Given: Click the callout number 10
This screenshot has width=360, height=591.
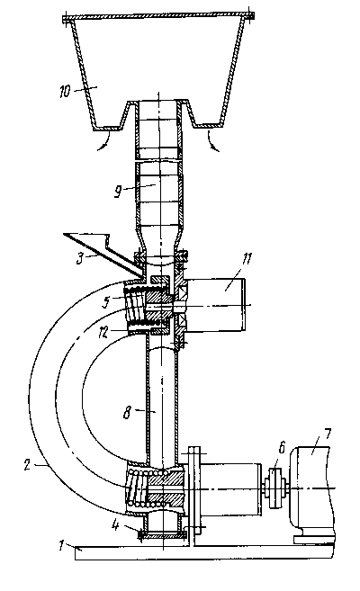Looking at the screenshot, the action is pos(65,91).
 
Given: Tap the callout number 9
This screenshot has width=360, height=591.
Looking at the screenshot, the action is pos(119,192).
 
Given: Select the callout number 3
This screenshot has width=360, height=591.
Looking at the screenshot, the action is pos(80,259).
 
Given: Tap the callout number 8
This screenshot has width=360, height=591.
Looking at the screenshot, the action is pos(127,413).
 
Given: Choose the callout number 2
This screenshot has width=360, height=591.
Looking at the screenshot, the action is pos(27,465).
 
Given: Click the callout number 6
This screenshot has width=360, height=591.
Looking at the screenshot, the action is pos(281,448).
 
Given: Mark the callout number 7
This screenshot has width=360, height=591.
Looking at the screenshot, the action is pos(327,434).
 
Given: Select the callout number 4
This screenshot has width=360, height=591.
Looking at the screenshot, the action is pos(115,526).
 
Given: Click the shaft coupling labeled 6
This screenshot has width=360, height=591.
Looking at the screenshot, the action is pos(274,488).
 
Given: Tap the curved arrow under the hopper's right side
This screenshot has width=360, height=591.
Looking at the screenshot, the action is pos(211,141).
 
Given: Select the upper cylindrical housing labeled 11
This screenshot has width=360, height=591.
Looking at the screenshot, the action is pos(216,305).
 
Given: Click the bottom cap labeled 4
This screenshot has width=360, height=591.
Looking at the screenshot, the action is pos(163,534).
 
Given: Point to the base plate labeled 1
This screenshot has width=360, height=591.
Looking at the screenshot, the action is pos(204,553).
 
